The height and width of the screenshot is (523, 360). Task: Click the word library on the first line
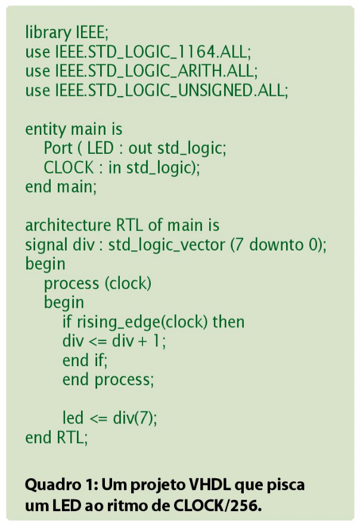tap(48, 33)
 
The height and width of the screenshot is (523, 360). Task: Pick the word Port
tap(58, 148)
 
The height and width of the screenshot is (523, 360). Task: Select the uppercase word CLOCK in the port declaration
tap(69, 168)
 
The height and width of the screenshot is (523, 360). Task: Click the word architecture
tap(68, 226)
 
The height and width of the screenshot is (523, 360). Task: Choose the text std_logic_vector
tap(167, 245)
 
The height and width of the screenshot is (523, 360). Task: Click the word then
tap(228, 322)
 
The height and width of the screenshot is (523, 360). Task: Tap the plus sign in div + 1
tap(142, 342)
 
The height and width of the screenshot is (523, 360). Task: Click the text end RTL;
tap(57, 438)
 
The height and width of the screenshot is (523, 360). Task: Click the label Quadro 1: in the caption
tap(61, 485)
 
